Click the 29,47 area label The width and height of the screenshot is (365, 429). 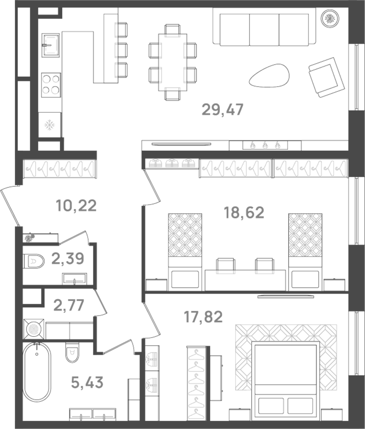tap(223, 109)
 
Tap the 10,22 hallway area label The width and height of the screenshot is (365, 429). tap(76, 206)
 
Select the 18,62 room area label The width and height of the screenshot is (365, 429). tap(244, 213)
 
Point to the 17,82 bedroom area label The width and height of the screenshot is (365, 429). tap(203, 317)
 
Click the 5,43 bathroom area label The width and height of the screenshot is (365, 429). tap(87, 382)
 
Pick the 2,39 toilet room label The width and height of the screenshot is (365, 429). tap(68, 259)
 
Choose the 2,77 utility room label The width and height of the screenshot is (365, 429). tap(69, 305)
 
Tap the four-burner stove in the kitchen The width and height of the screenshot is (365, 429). tap(51, 85)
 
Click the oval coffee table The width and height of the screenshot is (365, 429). tap(269, 76)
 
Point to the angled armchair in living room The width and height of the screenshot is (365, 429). tap(326, 77)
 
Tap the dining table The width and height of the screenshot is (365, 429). tap(172, 62)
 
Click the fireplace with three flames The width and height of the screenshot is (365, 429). tap(265, 145)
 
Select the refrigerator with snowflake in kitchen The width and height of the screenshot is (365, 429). tap(50, 125)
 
